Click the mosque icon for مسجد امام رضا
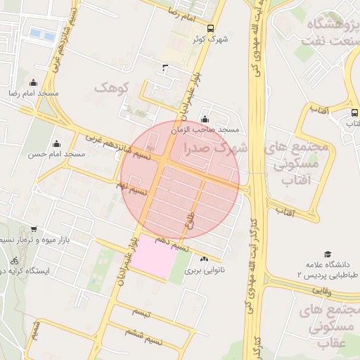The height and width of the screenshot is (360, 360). coord(33,83)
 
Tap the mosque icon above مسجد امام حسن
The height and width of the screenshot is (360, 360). coord(56,143)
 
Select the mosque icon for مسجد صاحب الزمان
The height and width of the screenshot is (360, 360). coord(205,120)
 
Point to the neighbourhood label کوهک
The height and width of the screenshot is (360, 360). coord(113,88)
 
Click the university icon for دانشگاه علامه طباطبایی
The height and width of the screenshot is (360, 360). coord(327,254)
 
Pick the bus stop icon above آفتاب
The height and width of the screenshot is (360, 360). coord(354,112)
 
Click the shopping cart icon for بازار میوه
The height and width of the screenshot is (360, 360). coord(33,229)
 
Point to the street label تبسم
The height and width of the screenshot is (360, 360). coord(141,312)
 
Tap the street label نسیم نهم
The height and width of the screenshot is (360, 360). coord(131,188)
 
